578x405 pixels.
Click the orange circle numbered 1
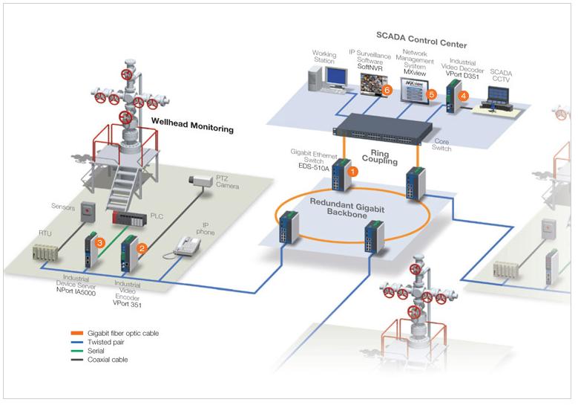coord(353,170)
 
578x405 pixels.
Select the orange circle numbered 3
coord(100,242)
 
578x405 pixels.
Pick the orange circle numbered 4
coord(464,96)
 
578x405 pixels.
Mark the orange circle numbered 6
coord(387,90)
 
